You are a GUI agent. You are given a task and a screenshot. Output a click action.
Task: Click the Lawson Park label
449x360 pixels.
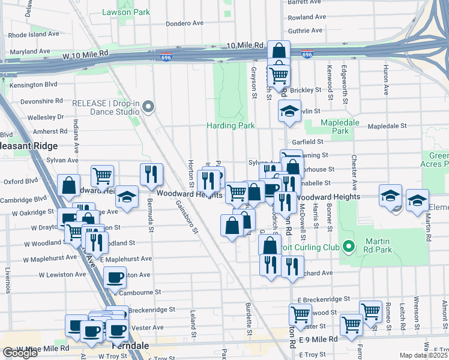[x=125, y=12]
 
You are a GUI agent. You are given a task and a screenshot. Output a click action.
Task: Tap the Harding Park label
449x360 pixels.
[x=231, y=125]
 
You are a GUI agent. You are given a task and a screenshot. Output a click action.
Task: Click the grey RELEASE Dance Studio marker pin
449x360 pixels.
[x=149, y=107]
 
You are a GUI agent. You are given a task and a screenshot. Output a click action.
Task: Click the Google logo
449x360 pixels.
[x=20, y=353]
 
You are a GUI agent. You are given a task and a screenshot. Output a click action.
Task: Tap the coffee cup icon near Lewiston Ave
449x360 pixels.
[x=115, y=277]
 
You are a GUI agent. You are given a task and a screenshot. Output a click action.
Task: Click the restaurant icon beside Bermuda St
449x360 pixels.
[x=151, y=174]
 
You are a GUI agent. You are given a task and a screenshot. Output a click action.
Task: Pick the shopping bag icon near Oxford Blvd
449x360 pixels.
[x=69, y=185]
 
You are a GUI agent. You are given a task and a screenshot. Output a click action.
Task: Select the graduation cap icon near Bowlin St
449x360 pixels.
[x=290, y=111]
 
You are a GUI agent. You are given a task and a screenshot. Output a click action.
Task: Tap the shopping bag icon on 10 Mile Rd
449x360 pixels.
[x=279, y=51]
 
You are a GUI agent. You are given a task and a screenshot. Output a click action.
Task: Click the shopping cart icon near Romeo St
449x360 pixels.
[x=370, y=311]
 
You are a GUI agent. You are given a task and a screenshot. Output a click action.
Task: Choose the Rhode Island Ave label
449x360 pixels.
[x=34, y=34]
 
